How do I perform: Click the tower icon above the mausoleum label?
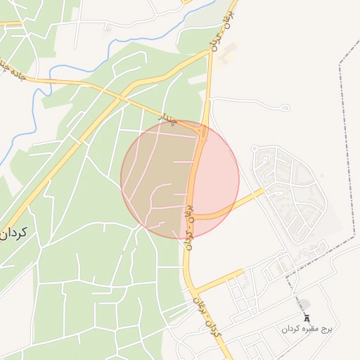[307, 318]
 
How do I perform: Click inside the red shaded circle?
[180, 179]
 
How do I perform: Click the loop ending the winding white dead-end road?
[285, 108]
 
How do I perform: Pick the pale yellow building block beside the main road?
[226, 53]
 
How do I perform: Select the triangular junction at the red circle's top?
[202, 131]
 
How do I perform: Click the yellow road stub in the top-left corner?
[10, 24]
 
